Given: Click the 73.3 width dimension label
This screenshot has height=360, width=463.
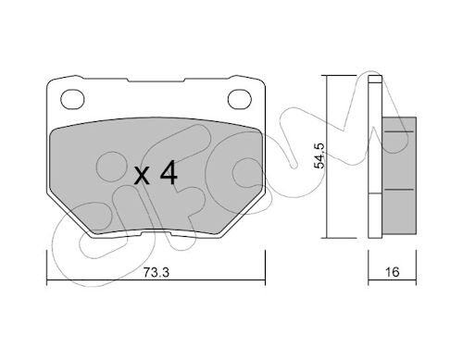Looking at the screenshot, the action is coord(156,272).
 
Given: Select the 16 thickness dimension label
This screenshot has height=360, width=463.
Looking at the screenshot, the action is coord(392,272).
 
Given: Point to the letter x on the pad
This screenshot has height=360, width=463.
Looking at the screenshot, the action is coord(143,176).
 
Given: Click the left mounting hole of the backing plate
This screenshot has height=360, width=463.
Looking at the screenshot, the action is coord(72,99).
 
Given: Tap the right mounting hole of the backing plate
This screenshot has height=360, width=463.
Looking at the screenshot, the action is coord(240,99).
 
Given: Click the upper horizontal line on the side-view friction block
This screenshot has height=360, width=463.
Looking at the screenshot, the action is coord(398,131).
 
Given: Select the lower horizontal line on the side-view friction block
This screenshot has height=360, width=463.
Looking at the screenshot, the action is coord(398,190).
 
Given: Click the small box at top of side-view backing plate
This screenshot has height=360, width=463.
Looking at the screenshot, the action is coord(375,79).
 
